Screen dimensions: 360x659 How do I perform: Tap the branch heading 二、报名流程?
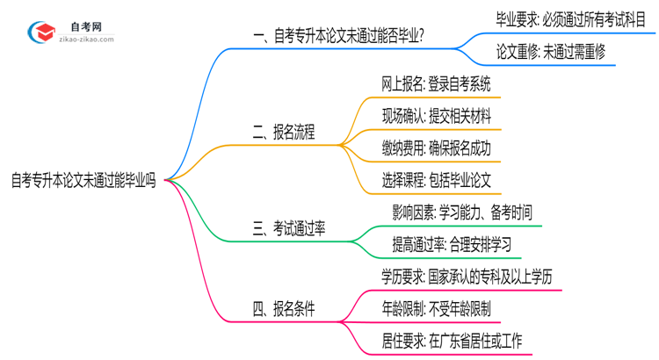tap(283, 133)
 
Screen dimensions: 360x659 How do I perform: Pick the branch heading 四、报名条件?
tap(283, 309)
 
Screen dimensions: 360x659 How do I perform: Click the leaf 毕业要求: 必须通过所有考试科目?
tap(571, 18)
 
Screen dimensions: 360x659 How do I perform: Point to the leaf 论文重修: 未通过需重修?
tap(550, 53)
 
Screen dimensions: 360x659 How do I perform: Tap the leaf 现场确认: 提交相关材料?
tap(436, 117)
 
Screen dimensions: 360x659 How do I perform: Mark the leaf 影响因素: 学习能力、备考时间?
tap(462, 213)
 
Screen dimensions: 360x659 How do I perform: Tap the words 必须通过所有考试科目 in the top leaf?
tap(597, 18)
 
